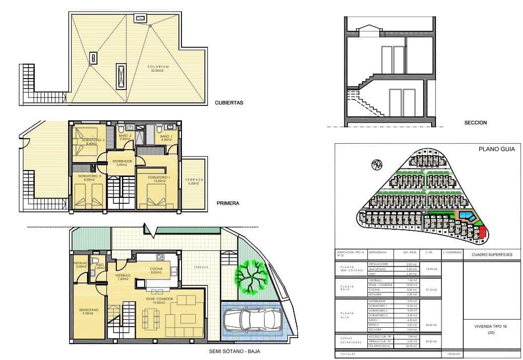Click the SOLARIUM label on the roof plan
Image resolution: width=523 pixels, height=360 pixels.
click(158, 68)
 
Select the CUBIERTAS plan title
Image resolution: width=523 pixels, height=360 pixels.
click(229, 103)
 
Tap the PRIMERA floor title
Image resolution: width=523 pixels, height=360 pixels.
click(228, 203)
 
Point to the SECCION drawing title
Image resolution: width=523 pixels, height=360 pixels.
click(475, 122)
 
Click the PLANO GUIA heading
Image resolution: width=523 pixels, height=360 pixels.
click(496, 149)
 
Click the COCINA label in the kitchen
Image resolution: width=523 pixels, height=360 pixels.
click(156, 270)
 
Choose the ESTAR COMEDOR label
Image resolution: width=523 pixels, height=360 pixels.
click(159, 300)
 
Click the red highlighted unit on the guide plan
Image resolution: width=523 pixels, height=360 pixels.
click(482, 232)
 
